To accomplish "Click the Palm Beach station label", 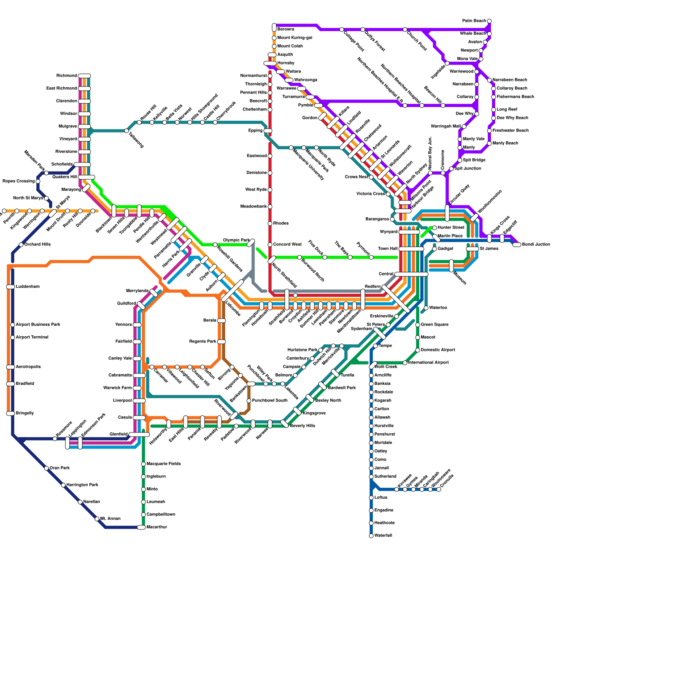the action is (474, 21).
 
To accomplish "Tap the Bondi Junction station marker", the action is (517, 245).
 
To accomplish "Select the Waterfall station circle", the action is (371, 536).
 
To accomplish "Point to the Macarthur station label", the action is (157, 527).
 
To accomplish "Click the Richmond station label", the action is (67, 76).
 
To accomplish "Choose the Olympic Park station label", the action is (236, 240).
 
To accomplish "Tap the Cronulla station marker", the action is (439, 489).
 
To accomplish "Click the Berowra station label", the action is (286, 30).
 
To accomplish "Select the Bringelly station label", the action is (24, 413).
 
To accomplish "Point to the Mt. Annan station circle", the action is (97, 519).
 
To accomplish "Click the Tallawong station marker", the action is (127, 131).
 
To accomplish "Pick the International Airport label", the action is (428, 363).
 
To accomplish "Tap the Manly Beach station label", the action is (505, 143).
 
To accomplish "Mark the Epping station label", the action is (256, 131).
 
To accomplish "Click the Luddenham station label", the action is (27, 287).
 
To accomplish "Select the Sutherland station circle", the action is (371, 477).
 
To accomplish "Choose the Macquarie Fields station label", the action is (163, 464).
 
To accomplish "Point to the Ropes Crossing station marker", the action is (38, 181).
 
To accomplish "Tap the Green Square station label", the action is (434, 325).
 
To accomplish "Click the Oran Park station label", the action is (59, 468).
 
